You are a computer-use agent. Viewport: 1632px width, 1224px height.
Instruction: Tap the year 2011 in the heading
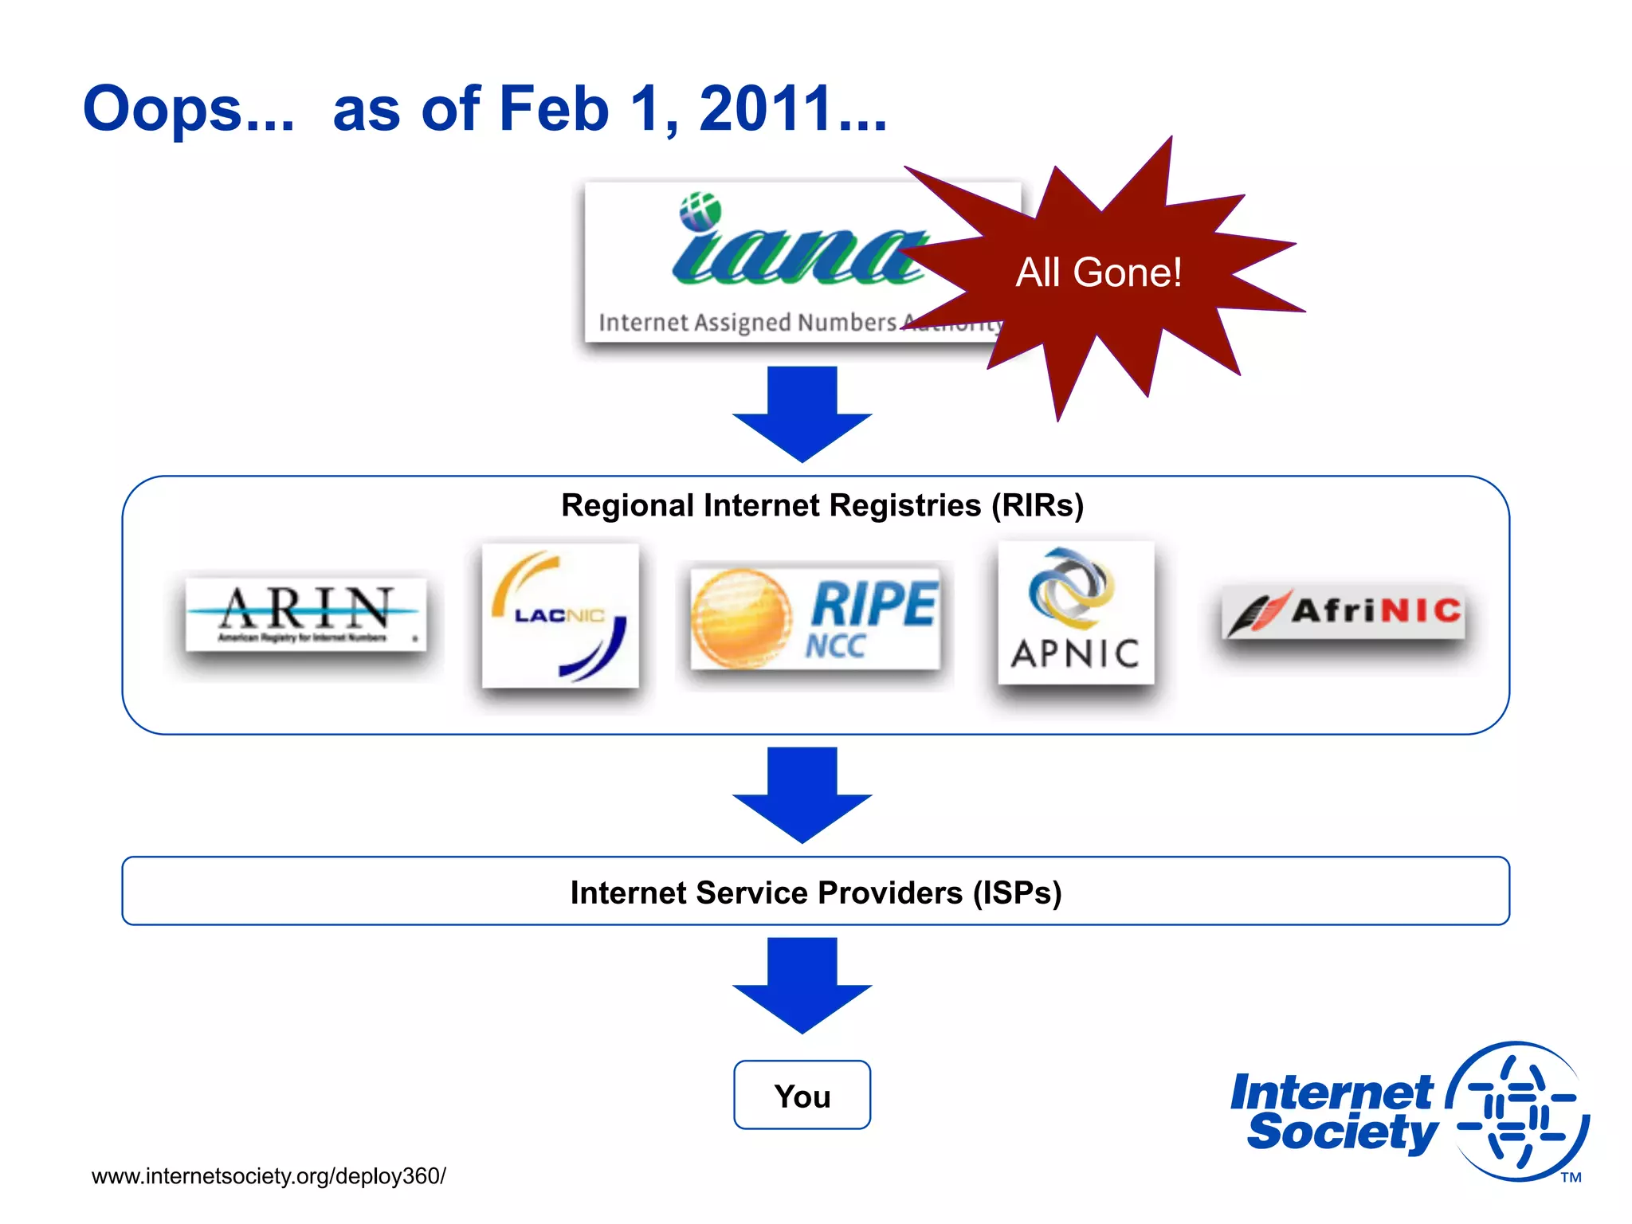[x=765, y=109]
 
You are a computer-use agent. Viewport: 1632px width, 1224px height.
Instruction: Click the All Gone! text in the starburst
[x=1098, y=273]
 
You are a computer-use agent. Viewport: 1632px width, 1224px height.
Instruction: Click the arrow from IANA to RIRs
[x=802, y=414]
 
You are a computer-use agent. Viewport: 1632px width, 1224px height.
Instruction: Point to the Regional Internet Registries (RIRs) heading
[x=822, y=505]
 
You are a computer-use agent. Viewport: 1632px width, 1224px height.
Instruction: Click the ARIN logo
[x=306, y=614]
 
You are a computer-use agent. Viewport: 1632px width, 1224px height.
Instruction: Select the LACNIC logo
[x=560, y=616]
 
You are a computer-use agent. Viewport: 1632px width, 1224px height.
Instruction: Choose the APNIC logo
[x=1076, y=613]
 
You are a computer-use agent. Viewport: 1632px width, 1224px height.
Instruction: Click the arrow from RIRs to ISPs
[x=802, y=794]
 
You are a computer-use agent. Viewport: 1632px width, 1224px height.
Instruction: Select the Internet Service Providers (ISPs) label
[x=815, y=892]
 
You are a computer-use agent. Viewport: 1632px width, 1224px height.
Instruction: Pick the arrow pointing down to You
[x=802, y=985]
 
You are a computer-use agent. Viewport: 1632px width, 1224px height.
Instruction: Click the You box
[x=802, y=1096]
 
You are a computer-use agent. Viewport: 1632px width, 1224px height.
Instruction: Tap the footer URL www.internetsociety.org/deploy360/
[x=269, y=1176]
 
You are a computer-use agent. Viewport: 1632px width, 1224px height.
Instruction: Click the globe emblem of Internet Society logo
[x=1518, y=1111]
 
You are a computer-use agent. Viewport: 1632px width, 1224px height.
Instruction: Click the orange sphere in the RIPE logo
[x=740, y=618]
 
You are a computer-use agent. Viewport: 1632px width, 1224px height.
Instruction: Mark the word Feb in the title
[x=553, y=109]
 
